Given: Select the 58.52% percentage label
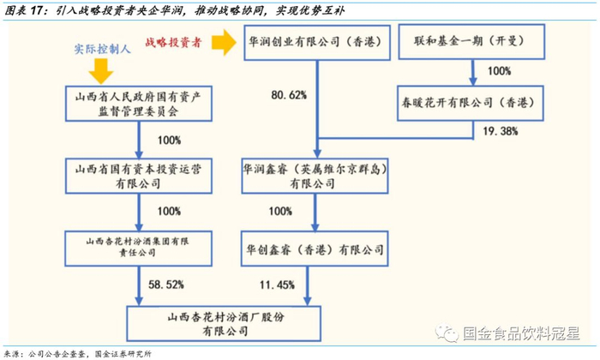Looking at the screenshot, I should (x=165, y=283).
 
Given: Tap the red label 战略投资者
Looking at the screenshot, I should (x=176, y=40).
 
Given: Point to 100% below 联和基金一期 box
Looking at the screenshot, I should (x=498, y=71).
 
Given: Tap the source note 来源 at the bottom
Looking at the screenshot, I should (x=78, y=352).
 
